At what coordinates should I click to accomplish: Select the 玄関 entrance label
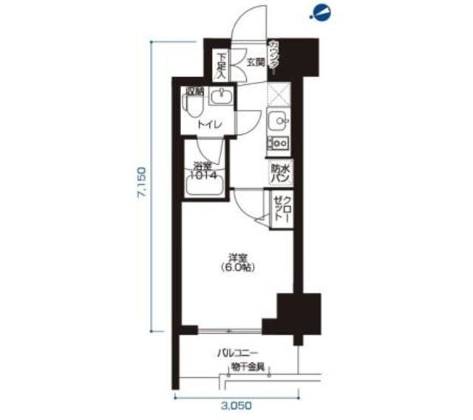[255, 63]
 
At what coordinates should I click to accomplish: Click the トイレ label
[205, 125]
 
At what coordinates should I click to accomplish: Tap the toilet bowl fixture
[193, 109]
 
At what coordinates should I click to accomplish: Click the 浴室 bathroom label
[203, 166]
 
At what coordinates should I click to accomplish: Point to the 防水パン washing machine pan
[279, 173]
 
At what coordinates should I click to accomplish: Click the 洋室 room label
[237, 259]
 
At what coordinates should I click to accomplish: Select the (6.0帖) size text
[237, 269]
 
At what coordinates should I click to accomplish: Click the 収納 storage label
[194, 92]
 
